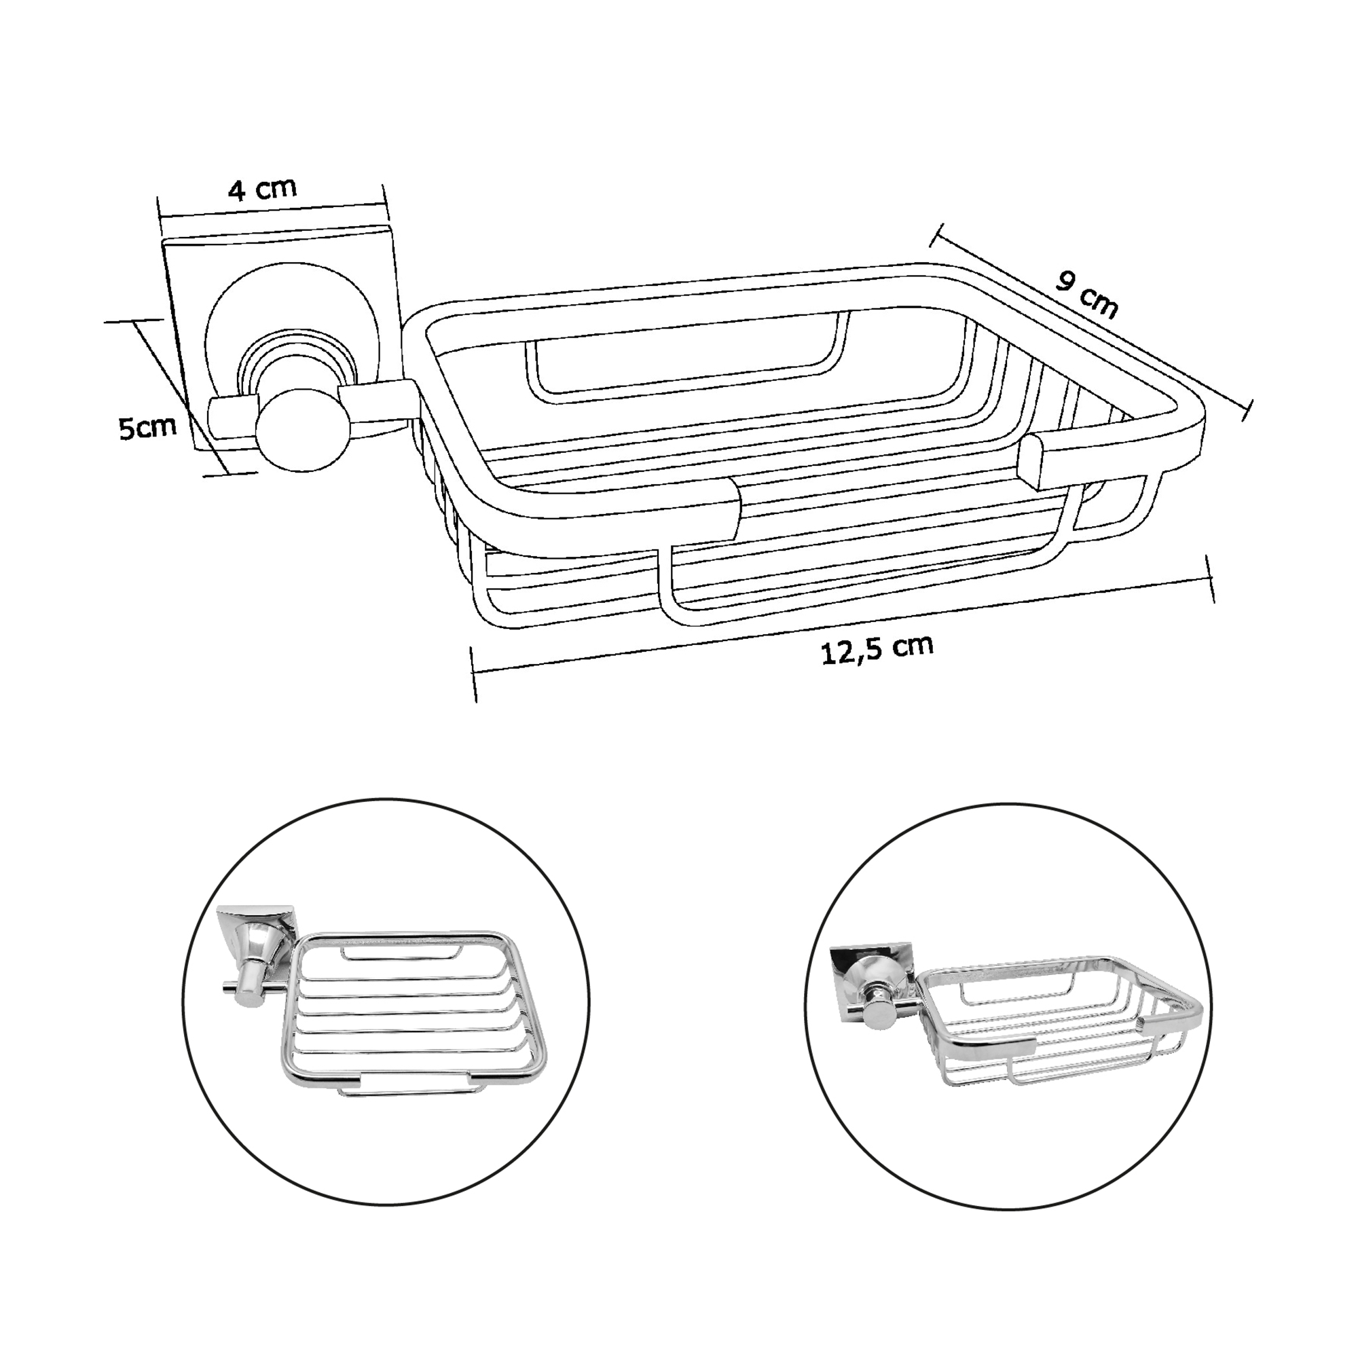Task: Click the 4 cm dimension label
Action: pos(263,188)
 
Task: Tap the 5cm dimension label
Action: pos(146,426)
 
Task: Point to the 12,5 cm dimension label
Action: pos(877,648)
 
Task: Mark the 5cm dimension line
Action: pos(179,398)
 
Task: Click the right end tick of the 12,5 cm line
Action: pos(1210,558)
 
